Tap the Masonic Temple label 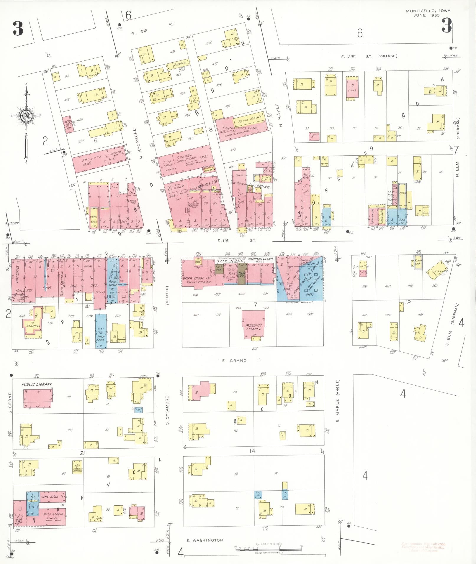[x=253, y=327]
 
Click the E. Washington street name [x=205, y=540]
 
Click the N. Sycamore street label [x=139, y=144]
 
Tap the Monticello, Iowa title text [x=428, y=11]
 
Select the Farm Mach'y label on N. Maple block [x=250, y=119]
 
